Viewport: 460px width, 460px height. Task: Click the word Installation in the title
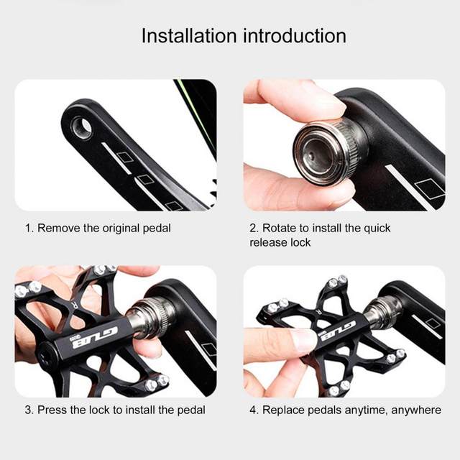(189, 36)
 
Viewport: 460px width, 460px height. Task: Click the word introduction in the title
(295, 36)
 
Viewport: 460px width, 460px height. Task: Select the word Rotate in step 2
(279, 228)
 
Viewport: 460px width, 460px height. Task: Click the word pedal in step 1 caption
(157, 229)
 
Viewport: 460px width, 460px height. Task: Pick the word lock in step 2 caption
(300, 243)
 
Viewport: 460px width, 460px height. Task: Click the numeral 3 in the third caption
(28, 410)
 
